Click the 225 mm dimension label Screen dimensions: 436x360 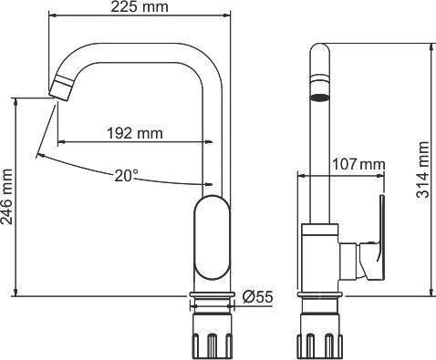tap(140, 7)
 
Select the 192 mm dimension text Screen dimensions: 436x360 tap(135, 133)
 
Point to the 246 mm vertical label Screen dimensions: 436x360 tap(6, 197)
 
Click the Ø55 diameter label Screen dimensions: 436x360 tap(258, 297)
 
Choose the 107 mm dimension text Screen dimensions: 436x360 tap(358, 165)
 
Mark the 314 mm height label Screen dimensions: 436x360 tap(422, 170)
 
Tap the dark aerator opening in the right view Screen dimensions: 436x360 tap(319, 98)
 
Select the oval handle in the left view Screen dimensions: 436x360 tap(212, 238)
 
